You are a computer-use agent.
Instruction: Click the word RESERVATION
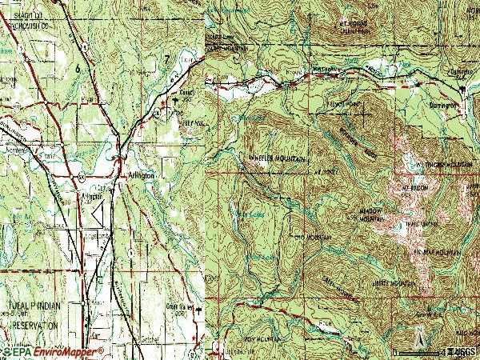pos(30,326)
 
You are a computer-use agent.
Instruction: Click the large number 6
pos(78,70)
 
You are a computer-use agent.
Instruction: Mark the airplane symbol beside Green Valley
pos(199,306)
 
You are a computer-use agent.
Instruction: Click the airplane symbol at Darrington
pos(461,91)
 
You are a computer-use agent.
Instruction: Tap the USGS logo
pos(462,351)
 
